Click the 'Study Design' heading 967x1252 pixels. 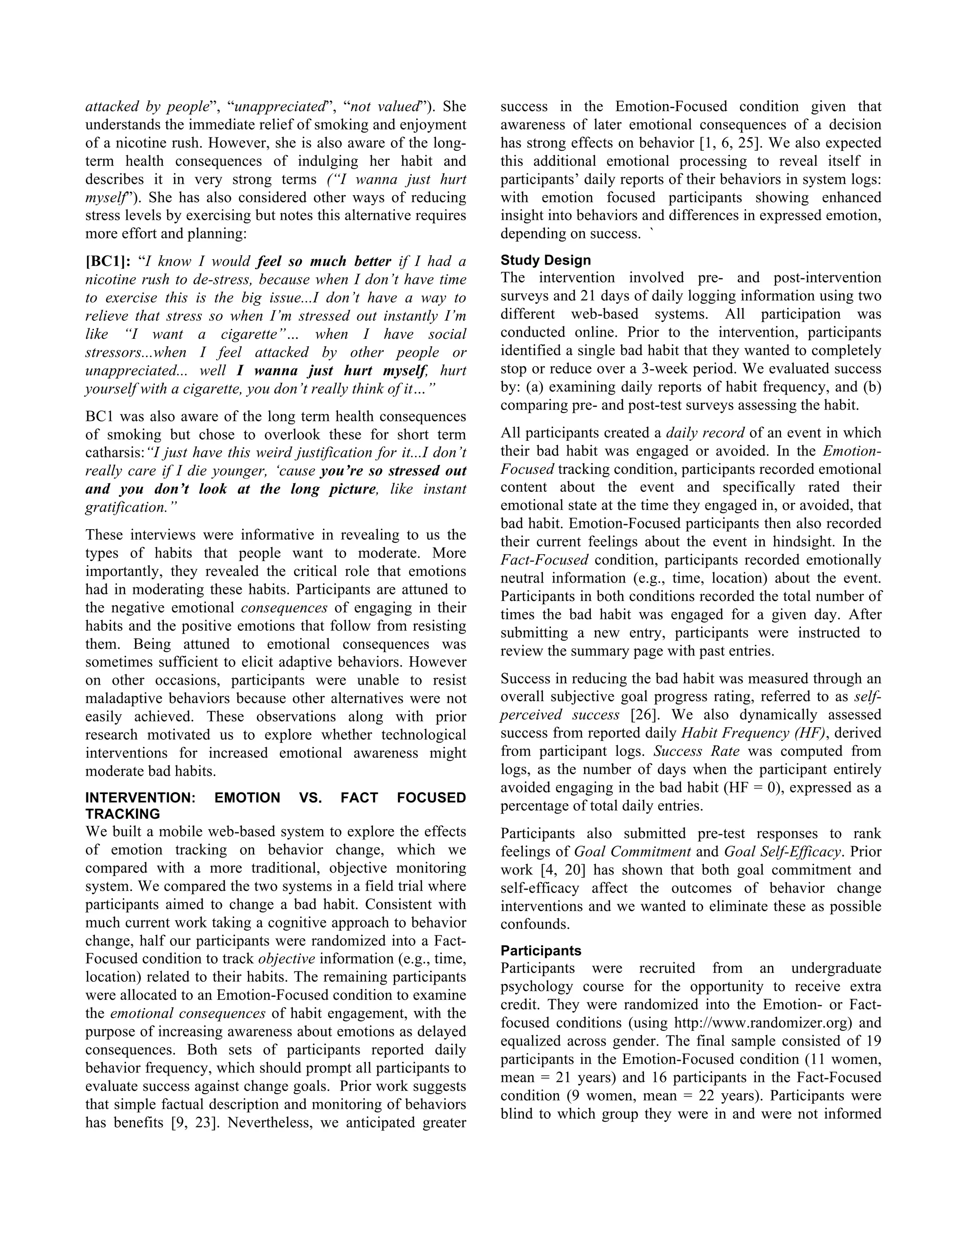click(545, 260)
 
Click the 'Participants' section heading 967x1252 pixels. click(541, 951)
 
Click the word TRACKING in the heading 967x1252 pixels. click(123, 814)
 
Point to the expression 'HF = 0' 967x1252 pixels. click(752, 788)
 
